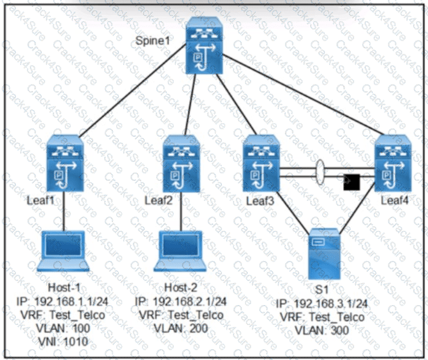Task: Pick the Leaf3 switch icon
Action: click(260, 165)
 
